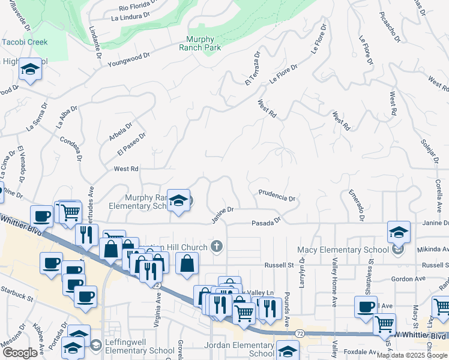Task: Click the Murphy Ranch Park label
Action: [200, 43]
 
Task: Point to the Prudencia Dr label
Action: [277, 196]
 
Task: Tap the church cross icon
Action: [217, 246]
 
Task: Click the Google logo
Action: [20, 352]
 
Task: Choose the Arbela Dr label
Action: [121, 133]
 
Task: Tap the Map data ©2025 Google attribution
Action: [412, 355]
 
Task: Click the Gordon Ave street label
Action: [408, 279]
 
